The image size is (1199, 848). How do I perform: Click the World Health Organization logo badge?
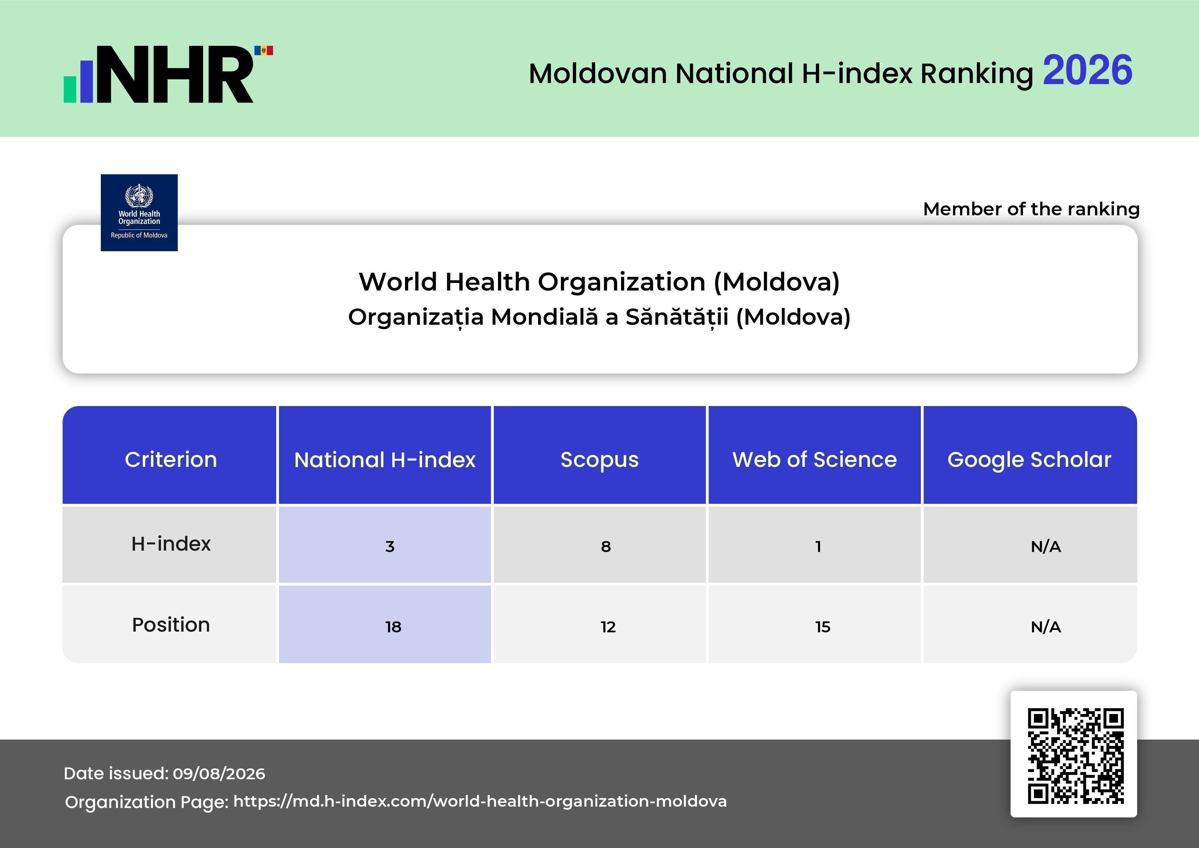tap(139, 213)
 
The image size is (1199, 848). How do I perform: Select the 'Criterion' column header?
tap(171, 459)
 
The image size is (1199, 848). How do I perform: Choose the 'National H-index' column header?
tap(385, 459)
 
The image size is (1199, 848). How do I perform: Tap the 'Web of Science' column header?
tap(814, 459)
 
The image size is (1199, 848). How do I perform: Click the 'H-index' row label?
tap(171, 543)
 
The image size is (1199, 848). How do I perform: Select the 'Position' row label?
tap(171, 624)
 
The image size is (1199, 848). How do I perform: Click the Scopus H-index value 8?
tap(606, 546)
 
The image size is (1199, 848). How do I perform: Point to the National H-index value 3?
tap(390, 546)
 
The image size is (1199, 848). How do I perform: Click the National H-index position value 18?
tap(393, 627)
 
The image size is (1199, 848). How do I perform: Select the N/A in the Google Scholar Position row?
tap(1046, 627)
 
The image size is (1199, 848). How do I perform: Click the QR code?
tap(1076, 756)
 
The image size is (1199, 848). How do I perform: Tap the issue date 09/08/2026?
tap(219, 773)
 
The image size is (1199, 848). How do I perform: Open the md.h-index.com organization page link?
tap(480, 801)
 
